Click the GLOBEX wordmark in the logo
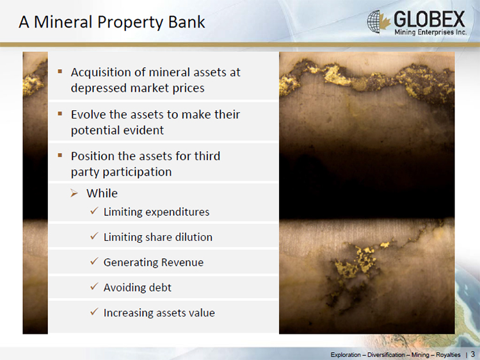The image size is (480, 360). point(429,19)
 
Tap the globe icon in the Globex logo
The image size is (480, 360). point(374,21)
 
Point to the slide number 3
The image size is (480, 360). point(473,354)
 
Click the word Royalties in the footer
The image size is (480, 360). point(448,355)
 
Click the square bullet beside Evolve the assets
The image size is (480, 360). point(60,114)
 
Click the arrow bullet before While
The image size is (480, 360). point(74,193)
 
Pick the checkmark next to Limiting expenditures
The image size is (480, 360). point(94,211)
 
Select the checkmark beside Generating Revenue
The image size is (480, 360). point(94,261)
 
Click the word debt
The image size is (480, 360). point(160,288)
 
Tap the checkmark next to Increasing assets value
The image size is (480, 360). point(94,312)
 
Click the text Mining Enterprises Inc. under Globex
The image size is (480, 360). point(431,32)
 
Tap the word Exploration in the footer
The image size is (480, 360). point(346,355)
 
